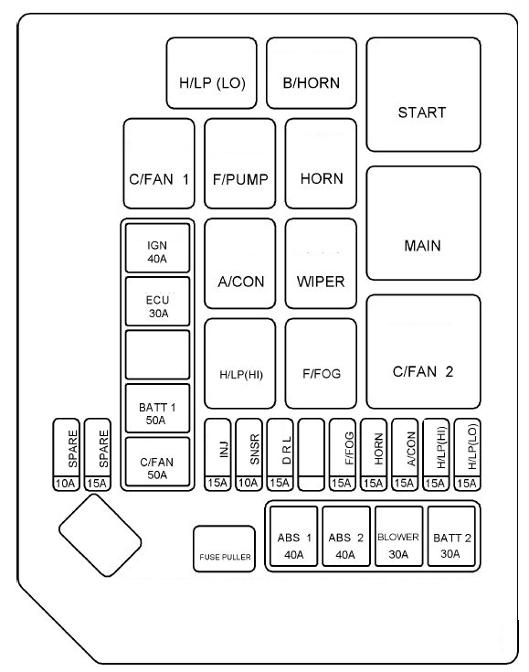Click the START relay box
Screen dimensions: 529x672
pyautogui.click(x=423, y=94)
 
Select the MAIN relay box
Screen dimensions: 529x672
pyautogui.click(x=423, y=223)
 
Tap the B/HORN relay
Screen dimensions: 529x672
pyautogui.click(x=312, y=73)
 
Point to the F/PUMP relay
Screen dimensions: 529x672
pyautogui.click(x=240, y=164)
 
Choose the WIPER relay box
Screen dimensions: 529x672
pyautogui.click(x=321, y=263)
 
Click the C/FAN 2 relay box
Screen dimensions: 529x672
pyautogui.click(x=423, y=351)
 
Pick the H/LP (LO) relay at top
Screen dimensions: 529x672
pyautogui.click(x=212, y=73)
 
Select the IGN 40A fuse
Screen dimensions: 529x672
pyautogui.click(x=158, y=248)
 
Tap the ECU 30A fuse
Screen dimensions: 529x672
pyautogui.click(x=158, y=302)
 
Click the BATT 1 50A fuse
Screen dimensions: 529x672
pyautogui.click(x=158, y=409)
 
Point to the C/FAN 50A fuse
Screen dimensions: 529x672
pyautogui.click(x=158, y=462)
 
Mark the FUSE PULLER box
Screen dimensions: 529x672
pyautogui.click(x=224, y=549)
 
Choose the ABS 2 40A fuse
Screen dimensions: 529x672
pyautogui.click(x=346, y=537)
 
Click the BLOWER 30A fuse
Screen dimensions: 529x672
pyautogui.click(x=398, y=537)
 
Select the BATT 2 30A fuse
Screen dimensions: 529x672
pyautogui.click(x=451, y=537)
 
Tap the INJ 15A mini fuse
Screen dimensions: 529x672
pyautogui.click(x=217, y=454)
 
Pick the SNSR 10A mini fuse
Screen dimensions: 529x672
pyautogui.click(x=249, y=454)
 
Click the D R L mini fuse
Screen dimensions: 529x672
pyautogui.click(x=280, y=454)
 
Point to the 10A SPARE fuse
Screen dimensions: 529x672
pyautogui.click(x=67, y=454)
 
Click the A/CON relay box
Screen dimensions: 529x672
pyautogui.click(x=240, y=263)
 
